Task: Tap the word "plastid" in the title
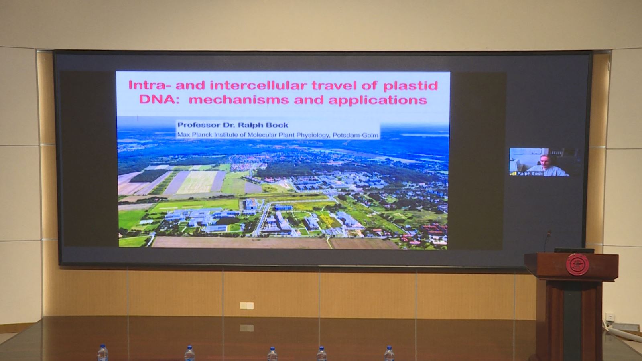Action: click(411, 86)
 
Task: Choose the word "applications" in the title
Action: click(378, 101)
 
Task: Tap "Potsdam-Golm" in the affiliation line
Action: click(356, 135)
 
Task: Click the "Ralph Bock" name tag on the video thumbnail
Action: click(530, 174)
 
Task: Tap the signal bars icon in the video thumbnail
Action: click(513, 174)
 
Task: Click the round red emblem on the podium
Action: click(577, 264)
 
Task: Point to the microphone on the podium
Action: click(547, 241)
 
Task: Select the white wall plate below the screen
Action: click(246, 306)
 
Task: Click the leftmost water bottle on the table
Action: click(102, 353)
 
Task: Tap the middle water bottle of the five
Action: click(272, 354)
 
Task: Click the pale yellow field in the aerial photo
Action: click(197, 182)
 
